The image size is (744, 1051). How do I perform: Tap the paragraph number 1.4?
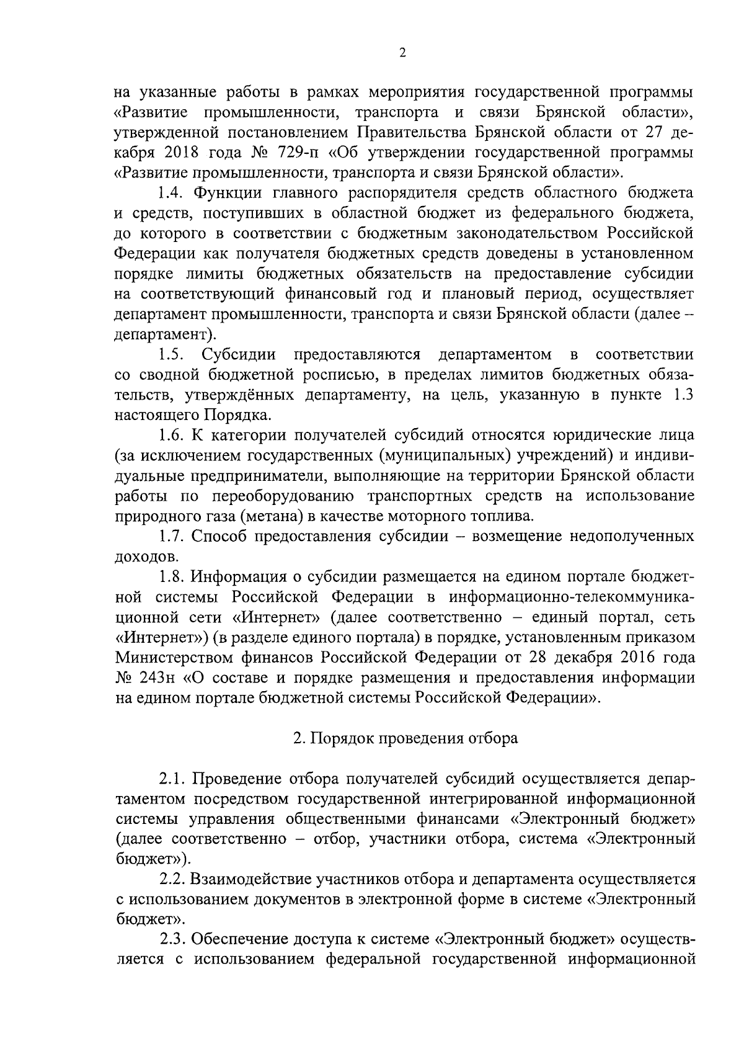point(170,193)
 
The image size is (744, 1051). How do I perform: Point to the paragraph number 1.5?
point(170,355)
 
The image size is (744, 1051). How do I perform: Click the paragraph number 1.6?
point(170,436)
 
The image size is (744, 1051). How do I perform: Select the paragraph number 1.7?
point(170,537)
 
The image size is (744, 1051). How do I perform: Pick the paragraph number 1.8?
point(170,577)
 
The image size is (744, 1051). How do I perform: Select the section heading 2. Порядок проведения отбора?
point(405,739)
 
